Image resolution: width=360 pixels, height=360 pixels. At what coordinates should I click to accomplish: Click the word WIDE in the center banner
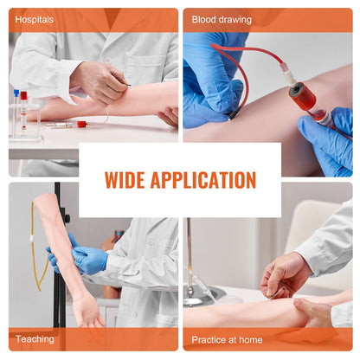pyautogui.click(x=125, y=180)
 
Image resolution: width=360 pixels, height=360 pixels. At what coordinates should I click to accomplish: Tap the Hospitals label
pyautogui.click(x=35, y=18)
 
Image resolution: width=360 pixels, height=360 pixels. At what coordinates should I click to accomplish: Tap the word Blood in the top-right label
pyautogui.click(x=204, y=18)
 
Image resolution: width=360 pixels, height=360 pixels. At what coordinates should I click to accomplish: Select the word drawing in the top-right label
pyautogui.click(x=235, y=18)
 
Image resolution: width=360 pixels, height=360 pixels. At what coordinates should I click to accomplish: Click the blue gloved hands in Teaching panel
pyautogui.click(x=83, y=259)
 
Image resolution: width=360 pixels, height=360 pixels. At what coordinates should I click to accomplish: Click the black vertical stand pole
pyautogui.click(x=56, y=260)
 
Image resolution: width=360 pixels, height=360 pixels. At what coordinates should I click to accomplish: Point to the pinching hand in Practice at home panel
pyautogui.click(x=286, y=277)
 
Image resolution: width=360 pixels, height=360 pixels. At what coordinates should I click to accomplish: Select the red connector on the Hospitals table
pyautogui.click(x=81, y=124)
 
